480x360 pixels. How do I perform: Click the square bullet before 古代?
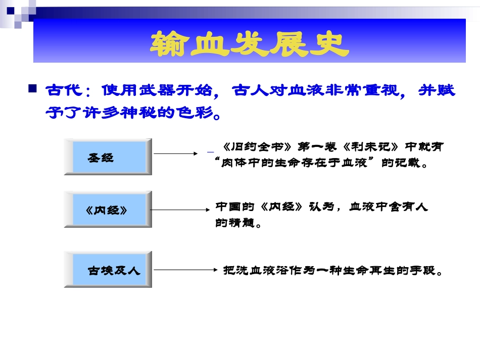33,89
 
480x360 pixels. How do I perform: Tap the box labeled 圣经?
108,157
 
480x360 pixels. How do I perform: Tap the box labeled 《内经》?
108,210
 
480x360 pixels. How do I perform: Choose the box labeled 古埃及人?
108,269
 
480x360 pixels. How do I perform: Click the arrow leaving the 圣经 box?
174,153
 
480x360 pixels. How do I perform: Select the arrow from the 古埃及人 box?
184,270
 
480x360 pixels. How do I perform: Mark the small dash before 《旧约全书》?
210,150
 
